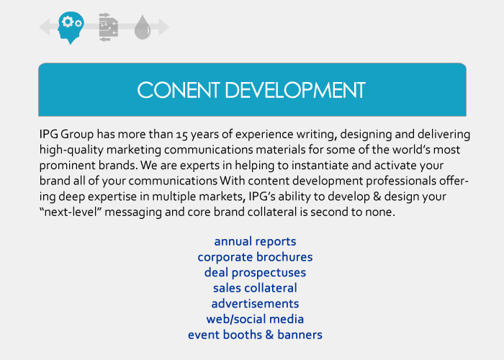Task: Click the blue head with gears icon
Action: pos(71,27)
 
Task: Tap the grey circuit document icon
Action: pos(108,27)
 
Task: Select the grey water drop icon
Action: pos(143,27)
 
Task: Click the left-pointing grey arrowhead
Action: pos(45,27)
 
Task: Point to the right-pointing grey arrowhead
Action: pos(163,27)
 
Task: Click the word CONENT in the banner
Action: pos(179,90)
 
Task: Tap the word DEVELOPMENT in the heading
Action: pos(295,90)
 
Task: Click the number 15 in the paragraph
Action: pos(181,135)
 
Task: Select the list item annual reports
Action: pos(255,242)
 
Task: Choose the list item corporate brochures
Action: pos(255,257)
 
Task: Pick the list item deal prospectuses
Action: pos(255,273)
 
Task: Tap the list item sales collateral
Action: pos(255,288)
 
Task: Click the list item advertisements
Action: pos(255,304)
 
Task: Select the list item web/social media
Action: pos(255,319)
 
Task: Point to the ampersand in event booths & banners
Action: pos(269,335)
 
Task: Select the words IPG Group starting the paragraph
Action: pos(66,135)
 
